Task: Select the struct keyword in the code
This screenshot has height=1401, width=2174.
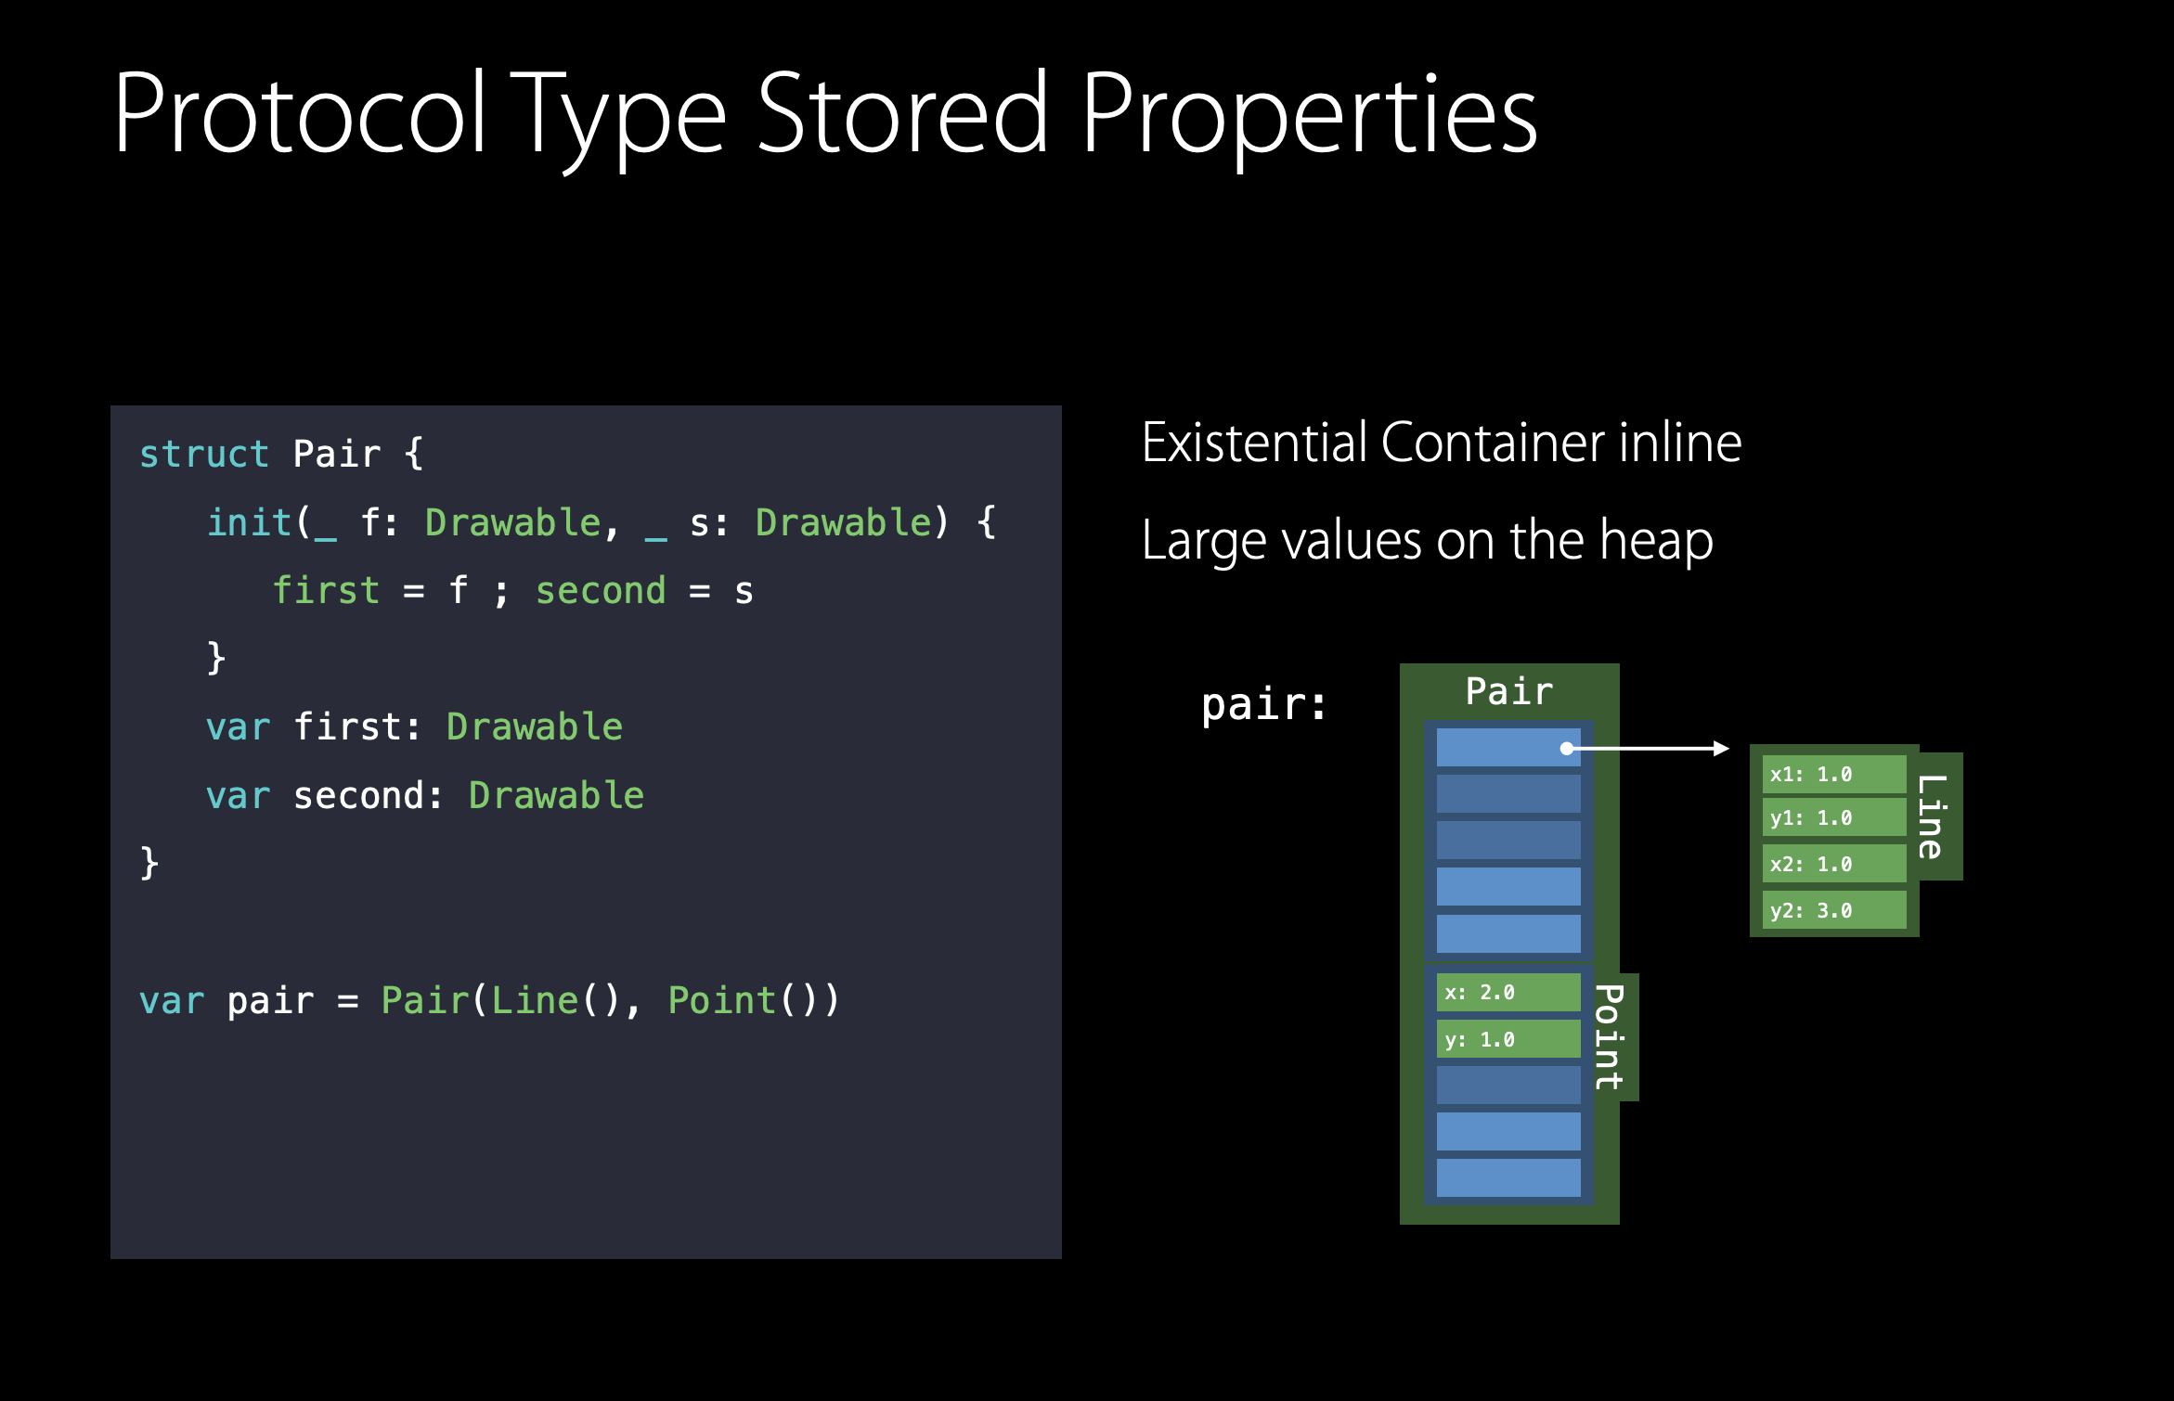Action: tap(203, 455)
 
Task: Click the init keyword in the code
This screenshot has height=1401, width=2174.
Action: tap(249, 522)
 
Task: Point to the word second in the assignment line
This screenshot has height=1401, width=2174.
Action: tap(601, 591)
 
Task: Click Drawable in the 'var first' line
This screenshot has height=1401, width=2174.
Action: tap(534, 727)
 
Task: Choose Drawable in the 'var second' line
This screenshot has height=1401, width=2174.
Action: tap(556, 796)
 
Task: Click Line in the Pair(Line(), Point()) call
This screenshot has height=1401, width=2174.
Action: tap(535, 1001)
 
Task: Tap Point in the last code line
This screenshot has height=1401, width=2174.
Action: tap(722, 1001)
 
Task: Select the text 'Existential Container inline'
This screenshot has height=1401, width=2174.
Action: tap(1441, 443)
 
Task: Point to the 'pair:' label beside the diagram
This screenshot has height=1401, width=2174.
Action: tap(1263, 704)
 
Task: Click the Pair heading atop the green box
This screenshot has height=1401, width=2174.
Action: tap(1508, 692)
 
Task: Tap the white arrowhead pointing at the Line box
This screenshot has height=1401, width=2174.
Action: tap(1721, 748)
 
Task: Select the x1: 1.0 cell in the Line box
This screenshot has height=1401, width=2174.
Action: tap(1833, 775)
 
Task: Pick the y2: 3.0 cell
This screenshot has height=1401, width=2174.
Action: tap(1833, 910)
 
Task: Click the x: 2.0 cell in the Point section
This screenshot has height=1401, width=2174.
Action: tap(1508, 993)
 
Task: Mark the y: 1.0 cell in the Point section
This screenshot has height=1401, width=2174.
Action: tap(1508, 1039)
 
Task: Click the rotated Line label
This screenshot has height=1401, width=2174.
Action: tap(1933, 816)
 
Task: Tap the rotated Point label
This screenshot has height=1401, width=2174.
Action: tap(1611, 1036)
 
